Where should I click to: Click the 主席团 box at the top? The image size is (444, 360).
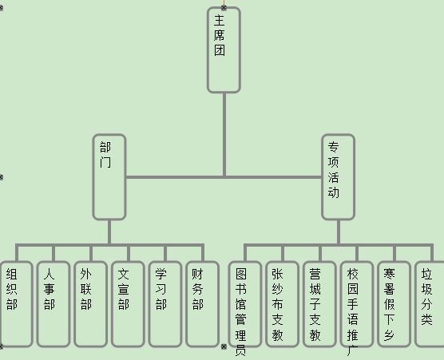click(x=224, y=50)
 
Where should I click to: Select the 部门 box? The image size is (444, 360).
click(x=109, y=177)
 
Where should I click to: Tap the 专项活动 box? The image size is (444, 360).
click(x=338, y=177)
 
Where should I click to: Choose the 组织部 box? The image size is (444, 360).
click(x=17, y=304)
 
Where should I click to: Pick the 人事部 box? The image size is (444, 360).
click(x=54, y=304)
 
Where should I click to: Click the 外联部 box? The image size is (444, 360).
click(x=90, y=304)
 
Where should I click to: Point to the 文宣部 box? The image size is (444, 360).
click(x=128, y=304)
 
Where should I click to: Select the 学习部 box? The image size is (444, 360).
click(x=165, y=304)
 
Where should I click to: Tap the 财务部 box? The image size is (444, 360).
click(x=203, y=304)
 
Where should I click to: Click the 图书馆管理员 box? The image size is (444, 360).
click(x=244, y=304)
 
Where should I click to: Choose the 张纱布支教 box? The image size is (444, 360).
click(x=282, y=304)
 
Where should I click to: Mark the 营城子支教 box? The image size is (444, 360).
click(x=319, y=304)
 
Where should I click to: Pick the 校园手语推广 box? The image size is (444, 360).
click(x=357, y=304)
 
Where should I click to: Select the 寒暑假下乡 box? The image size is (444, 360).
click(x=394, y=304)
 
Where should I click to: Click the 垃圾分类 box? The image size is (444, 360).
click(x=430, y=304)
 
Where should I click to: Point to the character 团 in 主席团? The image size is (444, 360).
click(x=220, y=50)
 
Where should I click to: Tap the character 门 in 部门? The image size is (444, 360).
click(x=105, y=162)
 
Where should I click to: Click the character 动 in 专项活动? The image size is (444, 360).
click(x=334, y=192)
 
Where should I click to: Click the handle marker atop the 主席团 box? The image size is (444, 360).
click(x=224, y=8)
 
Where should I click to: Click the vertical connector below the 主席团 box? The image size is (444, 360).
click(x=224, y=135)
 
